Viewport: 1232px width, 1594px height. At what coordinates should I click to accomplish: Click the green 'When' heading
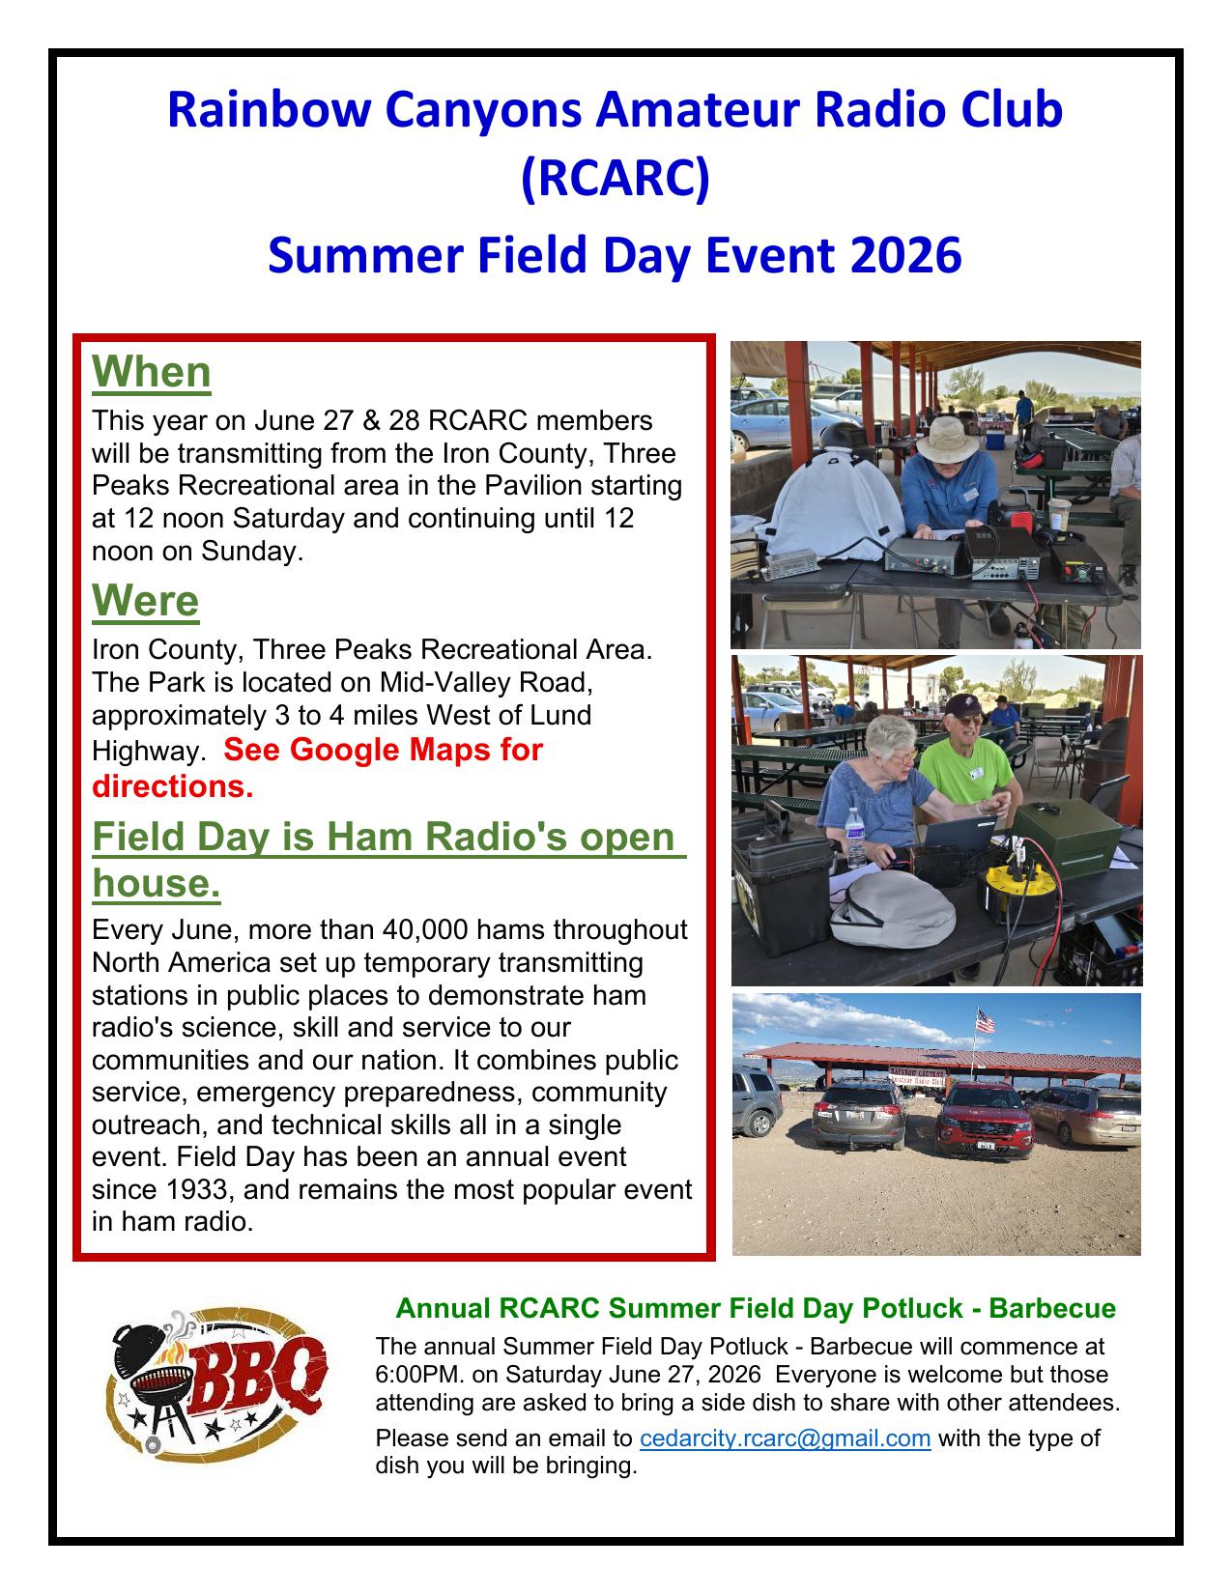151,372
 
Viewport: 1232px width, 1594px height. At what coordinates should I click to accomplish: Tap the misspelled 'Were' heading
145,601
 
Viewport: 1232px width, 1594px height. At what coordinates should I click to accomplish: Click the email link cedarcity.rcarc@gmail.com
785,1437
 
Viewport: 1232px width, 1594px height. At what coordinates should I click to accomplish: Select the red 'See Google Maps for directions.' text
317,767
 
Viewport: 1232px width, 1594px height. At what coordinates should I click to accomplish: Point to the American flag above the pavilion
985,1020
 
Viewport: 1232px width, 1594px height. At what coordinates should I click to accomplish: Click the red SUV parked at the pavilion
984,1121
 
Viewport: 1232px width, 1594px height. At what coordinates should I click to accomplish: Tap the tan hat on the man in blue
947,439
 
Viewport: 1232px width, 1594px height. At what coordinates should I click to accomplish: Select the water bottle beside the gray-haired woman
854,838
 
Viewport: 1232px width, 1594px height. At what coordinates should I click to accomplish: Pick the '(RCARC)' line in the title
615,178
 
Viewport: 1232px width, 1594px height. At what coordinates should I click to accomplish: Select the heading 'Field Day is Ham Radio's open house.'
388,859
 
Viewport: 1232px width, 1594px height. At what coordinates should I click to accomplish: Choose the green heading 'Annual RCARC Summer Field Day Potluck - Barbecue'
755,1308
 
